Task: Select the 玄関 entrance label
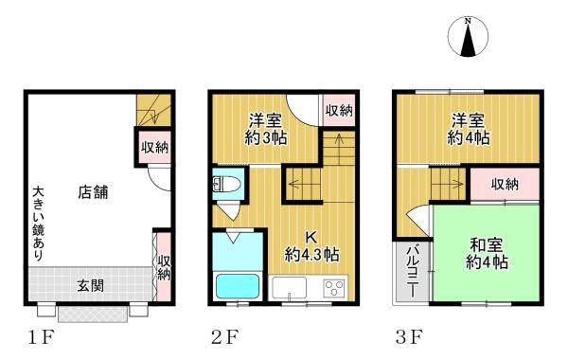(x=90, y=283)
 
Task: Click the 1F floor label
(x=38, y=336)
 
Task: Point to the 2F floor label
(x=223, y=336)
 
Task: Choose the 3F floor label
(x=407, y=336)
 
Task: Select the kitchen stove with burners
(x=334, y=288)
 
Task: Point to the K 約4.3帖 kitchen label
(x=311, y=245)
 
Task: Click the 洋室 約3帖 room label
(x=268, y=129)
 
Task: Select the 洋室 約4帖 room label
(x=469, y=129)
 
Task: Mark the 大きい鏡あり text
(x=37, y=216)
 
